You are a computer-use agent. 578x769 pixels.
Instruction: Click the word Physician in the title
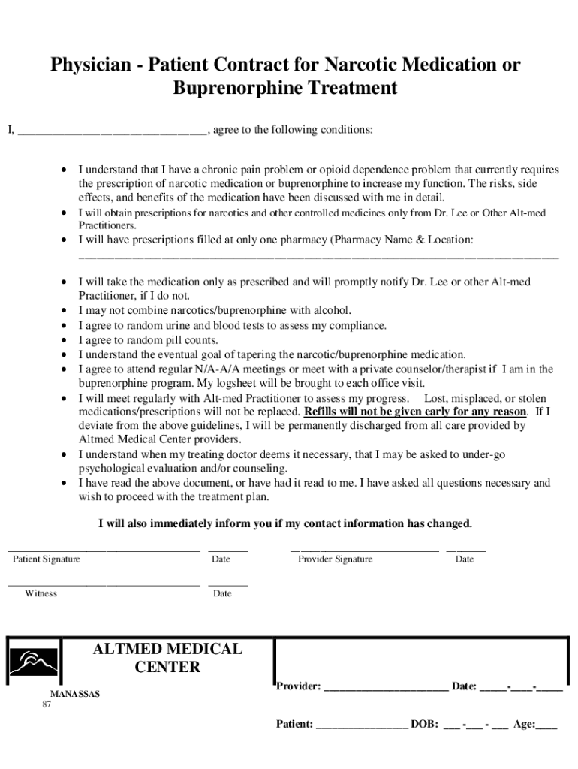point(89,65)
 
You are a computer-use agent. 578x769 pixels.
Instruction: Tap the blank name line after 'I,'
point(112,131)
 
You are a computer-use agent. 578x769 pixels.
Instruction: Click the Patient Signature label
point(47,559)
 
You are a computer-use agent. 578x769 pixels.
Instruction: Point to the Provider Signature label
point(335,559)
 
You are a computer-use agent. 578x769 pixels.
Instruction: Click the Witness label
point(41,593)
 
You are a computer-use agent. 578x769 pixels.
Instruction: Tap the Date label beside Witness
point(222,593)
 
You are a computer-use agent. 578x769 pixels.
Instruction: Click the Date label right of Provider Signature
point(465,559)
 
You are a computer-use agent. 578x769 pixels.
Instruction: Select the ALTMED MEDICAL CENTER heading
point(167,658)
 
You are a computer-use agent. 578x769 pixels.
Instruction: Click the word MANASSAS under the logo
point(74,694)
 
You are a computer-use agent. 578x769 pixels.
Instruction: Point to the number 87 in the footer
point(47,705)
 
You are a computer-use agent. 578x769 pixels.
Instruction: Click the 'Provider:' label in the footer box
point(299,686)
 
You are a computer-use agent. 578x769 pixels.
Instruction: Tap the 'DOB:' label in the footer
point(424,725)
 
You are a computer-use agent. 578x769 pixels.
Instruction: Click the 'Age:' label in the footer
point(524,725)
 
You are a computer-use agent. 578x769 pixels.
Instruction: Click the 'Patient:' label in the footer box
point(295,725)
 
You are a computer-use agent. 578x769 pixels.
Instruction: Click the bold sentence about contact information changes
point(285,523)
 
